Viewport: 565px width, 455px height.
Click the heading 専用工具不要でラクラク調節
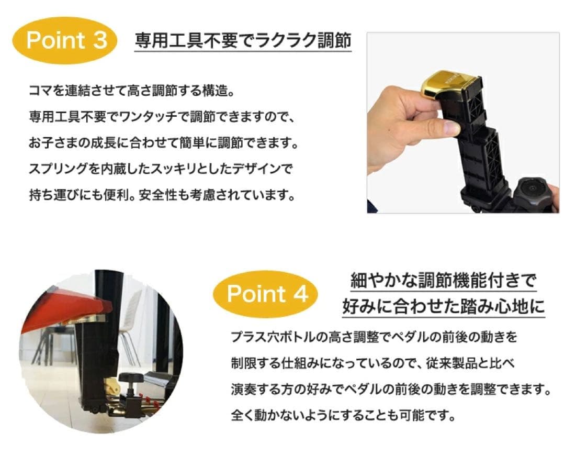(x=243, y=41)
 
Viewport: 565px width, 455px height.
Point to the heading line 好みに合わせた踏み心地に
(x=444, y=306)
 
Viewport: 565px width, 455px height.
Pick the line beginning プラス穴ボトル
(x=374, y=337)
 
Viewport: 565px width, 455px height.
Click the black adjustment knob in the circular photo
(x=131, y=378)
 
